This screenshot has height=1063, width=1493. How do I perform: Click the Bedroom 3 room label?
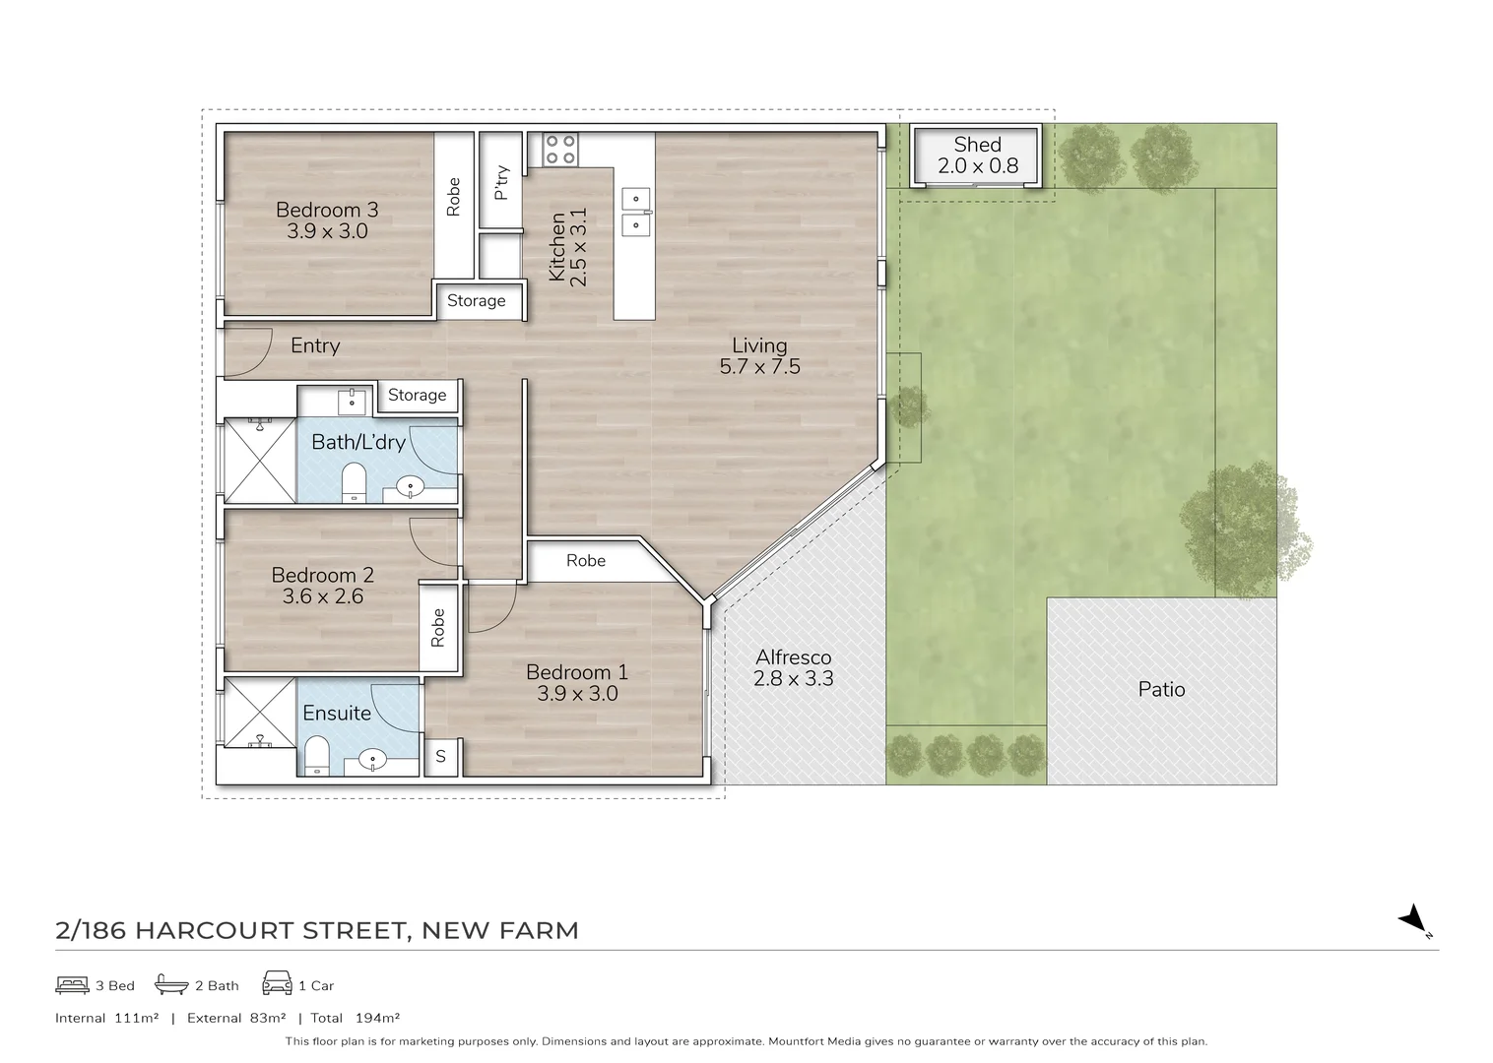point(327,210)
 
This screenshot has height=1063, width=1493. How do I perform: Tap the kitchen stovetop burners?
point(560,149)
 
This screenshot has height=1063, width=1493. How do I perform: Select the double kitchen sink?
point(635,212)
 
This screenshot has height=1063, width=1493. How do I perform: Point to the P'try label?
point(501,183)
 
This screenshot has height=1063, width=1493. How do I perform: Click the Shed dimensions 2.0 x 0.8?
point(977,166)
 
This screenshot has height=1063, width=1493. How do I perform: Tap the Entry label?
point(315,345)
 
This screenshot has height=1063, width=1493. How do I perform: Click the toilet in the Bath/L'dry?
point(353,483)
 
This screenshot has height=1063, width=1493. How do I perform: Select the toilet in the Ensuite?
point(317,757)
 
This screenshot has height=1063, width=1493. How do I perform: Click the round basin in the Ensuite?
point(373,759)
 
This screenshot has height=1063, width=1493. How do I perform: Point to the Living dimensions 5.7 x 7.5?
point(759,367)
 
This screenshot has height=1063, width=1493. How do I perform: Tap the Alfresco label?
point(793,657)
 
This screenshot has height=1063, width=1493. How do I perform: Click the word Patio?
point(1161,689)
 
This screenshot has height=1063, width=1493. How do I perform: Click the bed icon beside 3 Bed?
point(72,984)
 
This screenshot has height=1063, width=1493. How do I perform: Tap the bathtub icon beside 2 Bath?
point(171,984)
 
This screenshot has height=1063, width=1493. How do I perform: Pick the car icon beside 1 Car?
point(277,983)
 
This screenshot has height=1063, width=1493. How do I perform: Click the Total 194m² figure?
point(356,1018)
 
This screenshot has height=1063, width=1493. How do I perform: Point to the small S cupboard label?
point(440,757)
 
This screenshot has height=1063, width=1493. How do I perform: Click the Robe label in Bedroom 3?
point(453,197)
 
